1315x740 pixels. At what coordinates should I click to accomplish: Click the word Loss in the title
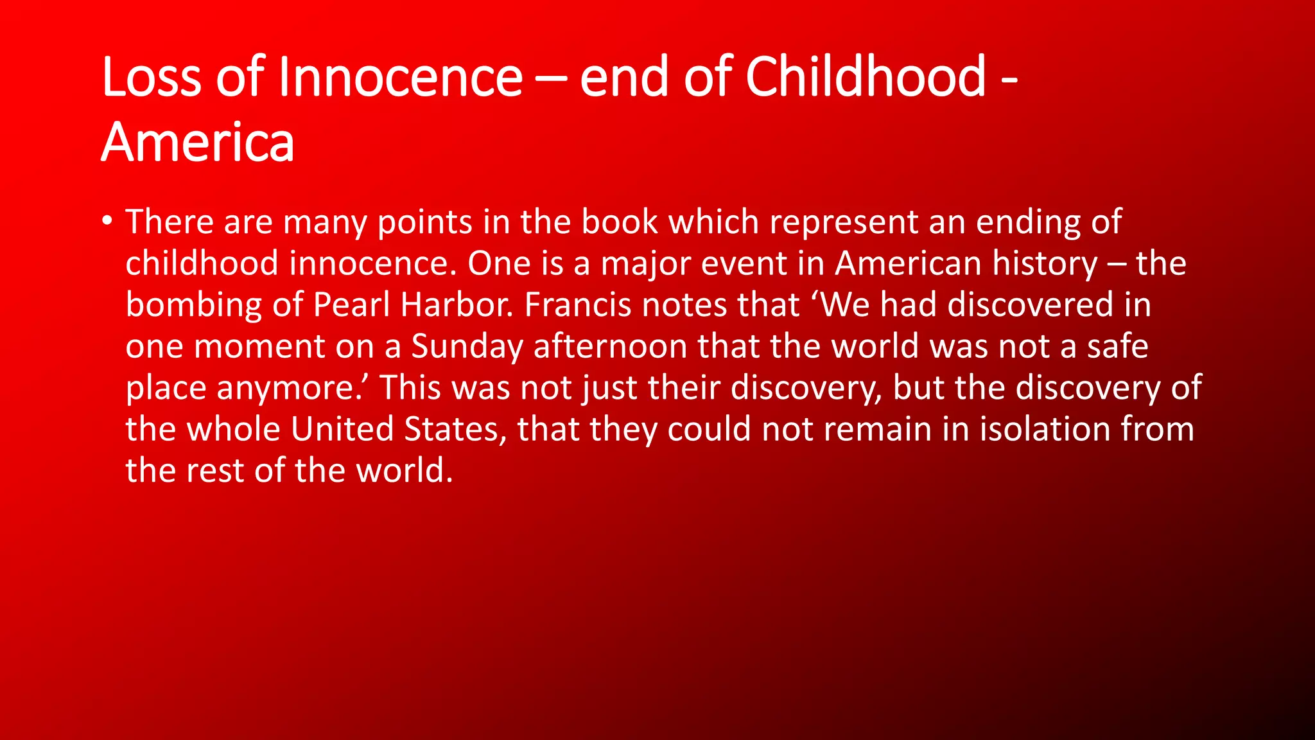point(151,77)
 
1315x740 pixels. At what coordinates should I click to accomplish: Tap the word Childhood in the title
point(866,77)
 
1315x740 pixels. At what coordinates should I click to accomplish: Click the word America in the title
point(198,143)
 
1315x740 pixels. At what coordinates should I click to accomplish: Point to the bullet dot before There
point(107,222)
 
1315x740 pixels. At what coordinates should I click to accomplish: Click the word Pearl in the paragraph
point(351,304)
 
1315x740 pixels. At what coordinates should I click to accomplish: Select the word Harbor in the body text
point(456,304)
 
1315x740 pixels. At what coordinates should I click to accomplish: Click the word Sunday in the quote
point(467,347)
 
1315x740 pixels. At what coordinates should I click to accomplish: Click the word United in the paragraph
point(342,429)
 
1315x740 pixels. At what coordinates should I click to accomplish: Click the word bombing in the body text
point(193,306)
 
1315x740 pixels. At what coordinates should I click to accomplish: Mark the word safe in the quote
point(1117,346)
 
